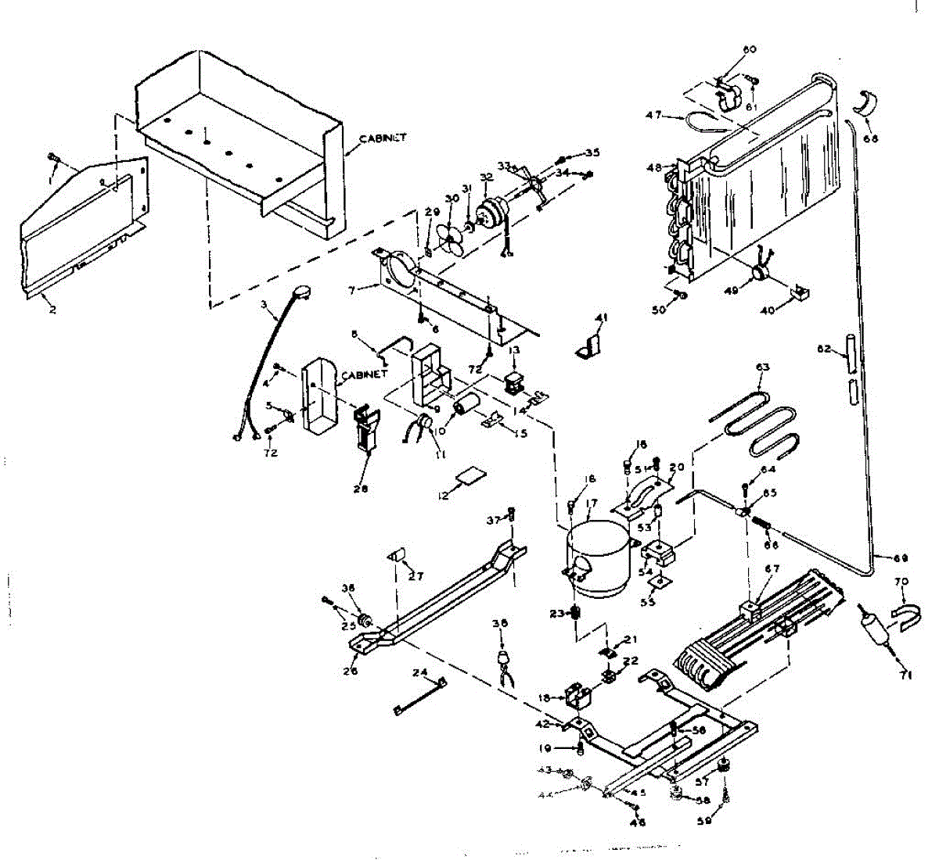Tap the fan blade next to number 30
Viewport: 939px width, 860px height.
pyautogui.click(x=449, y=238)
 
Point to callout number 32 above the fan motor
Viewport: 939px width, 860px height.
pyautogui.click(x=487, y=177)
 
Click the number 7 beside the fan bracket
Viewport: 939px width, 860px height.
pyautogui.click(x=353, y=290)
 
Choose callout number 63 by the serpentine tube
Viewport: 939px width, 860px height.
pyautogui.click(x=763, y=367)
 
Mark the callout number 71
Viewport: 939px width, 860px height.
pyautogui.click(x=906, y=675)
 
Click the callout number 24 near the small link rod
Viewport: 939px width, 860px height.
pyautogui.click(x=420, y=672)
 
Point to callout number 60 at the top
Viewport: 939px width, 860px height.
pyautogui.click(x=750, y=49)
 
